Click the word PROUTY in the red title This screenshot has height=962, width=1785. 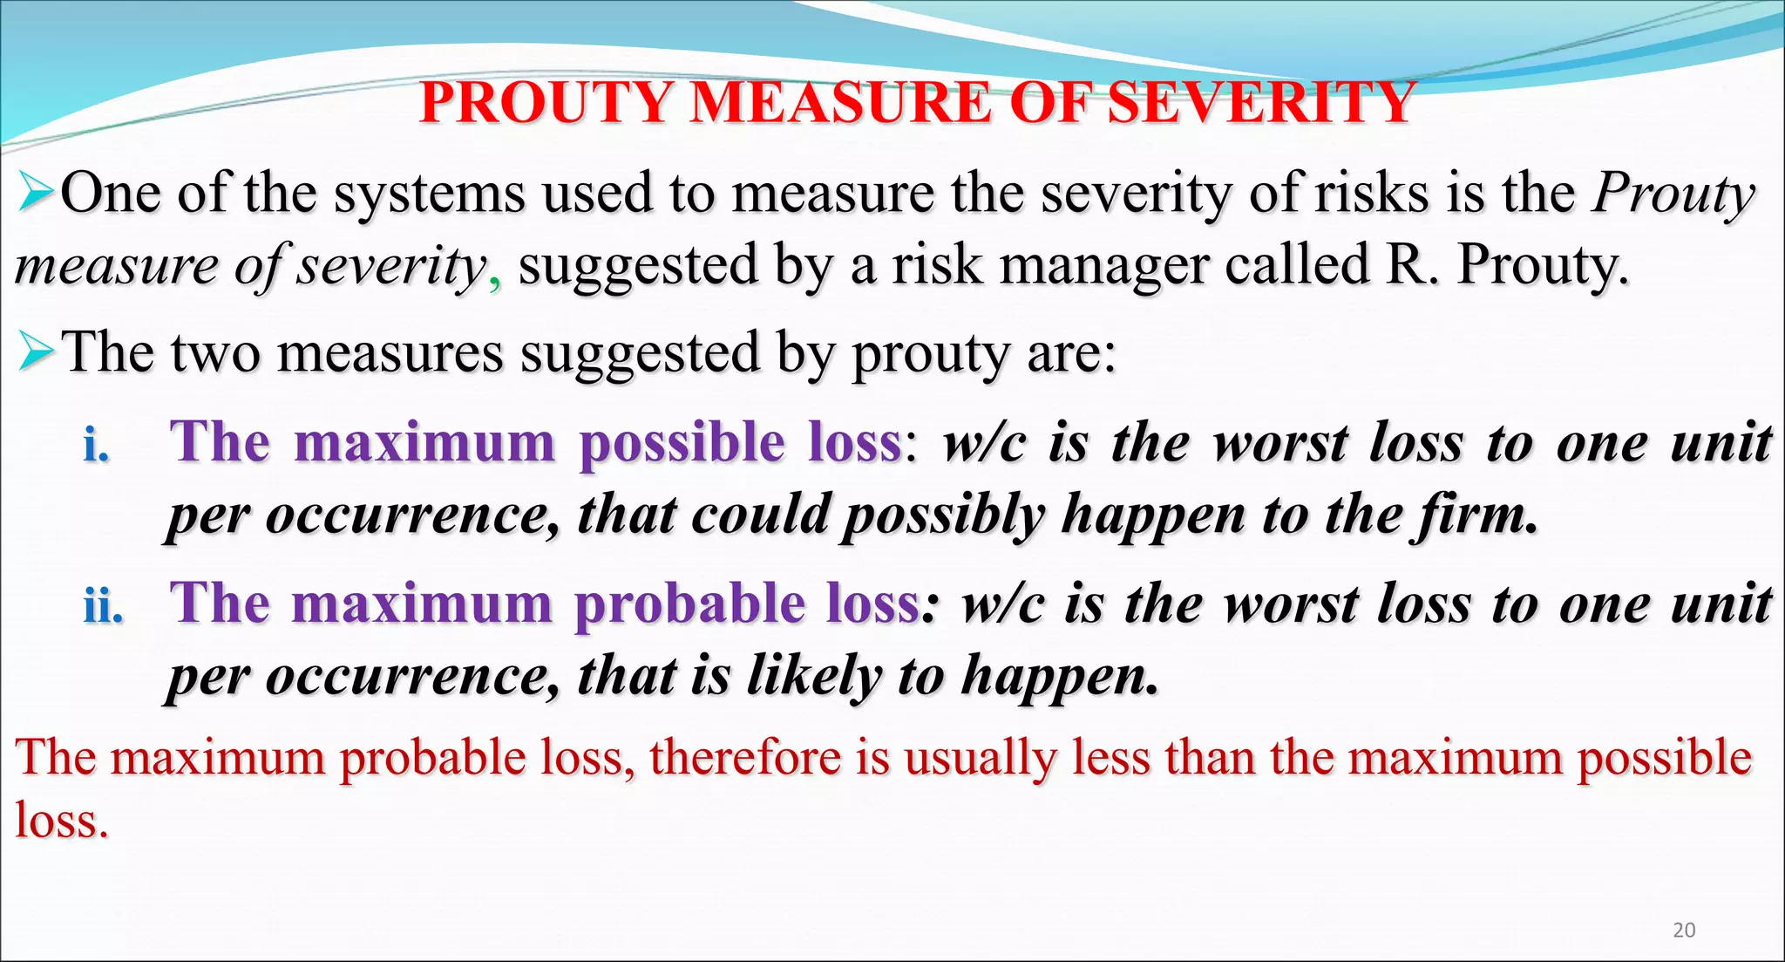[x=546, y=103]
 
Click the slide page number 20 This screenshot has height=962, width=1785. [x=1684, y=930]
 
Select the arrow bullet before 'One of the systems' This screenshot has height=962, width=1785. [x=37, y=193]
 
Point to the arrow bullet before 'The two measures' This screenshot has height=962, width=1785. [x=37, y=352]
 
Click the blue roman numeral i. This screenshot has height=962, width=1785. [x=96, y=446]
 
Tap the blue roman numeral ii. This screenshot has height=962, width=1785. [x=103, y=605]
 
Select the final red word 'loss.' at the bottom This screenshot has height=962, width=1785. [x=61, y=821]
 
